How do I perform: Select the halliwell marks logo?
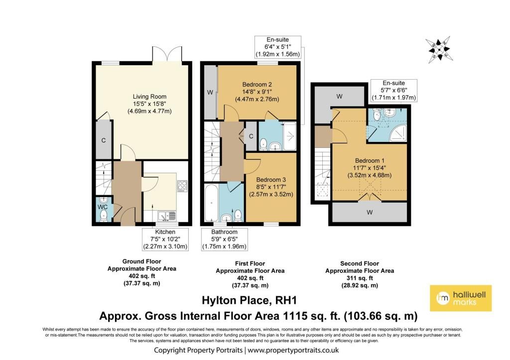coord(461,298)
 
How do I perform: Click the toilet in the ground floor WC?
coord(104,215)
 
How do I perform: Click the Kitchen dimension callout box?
coord(165,239)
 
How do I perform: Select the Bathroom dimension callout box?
coord(225,239)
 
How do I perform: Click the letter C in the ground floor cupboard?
coord(104,140)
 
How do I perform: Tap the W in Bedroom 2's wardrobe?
coord(210,92)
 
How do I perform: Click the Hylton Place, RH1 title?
coord(250,300)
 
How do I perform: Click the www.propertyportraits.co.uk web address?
coord(293,350)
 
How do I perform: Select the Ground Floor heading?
coord(142,261)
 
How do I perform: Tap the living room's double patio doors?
coord(167,54)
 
